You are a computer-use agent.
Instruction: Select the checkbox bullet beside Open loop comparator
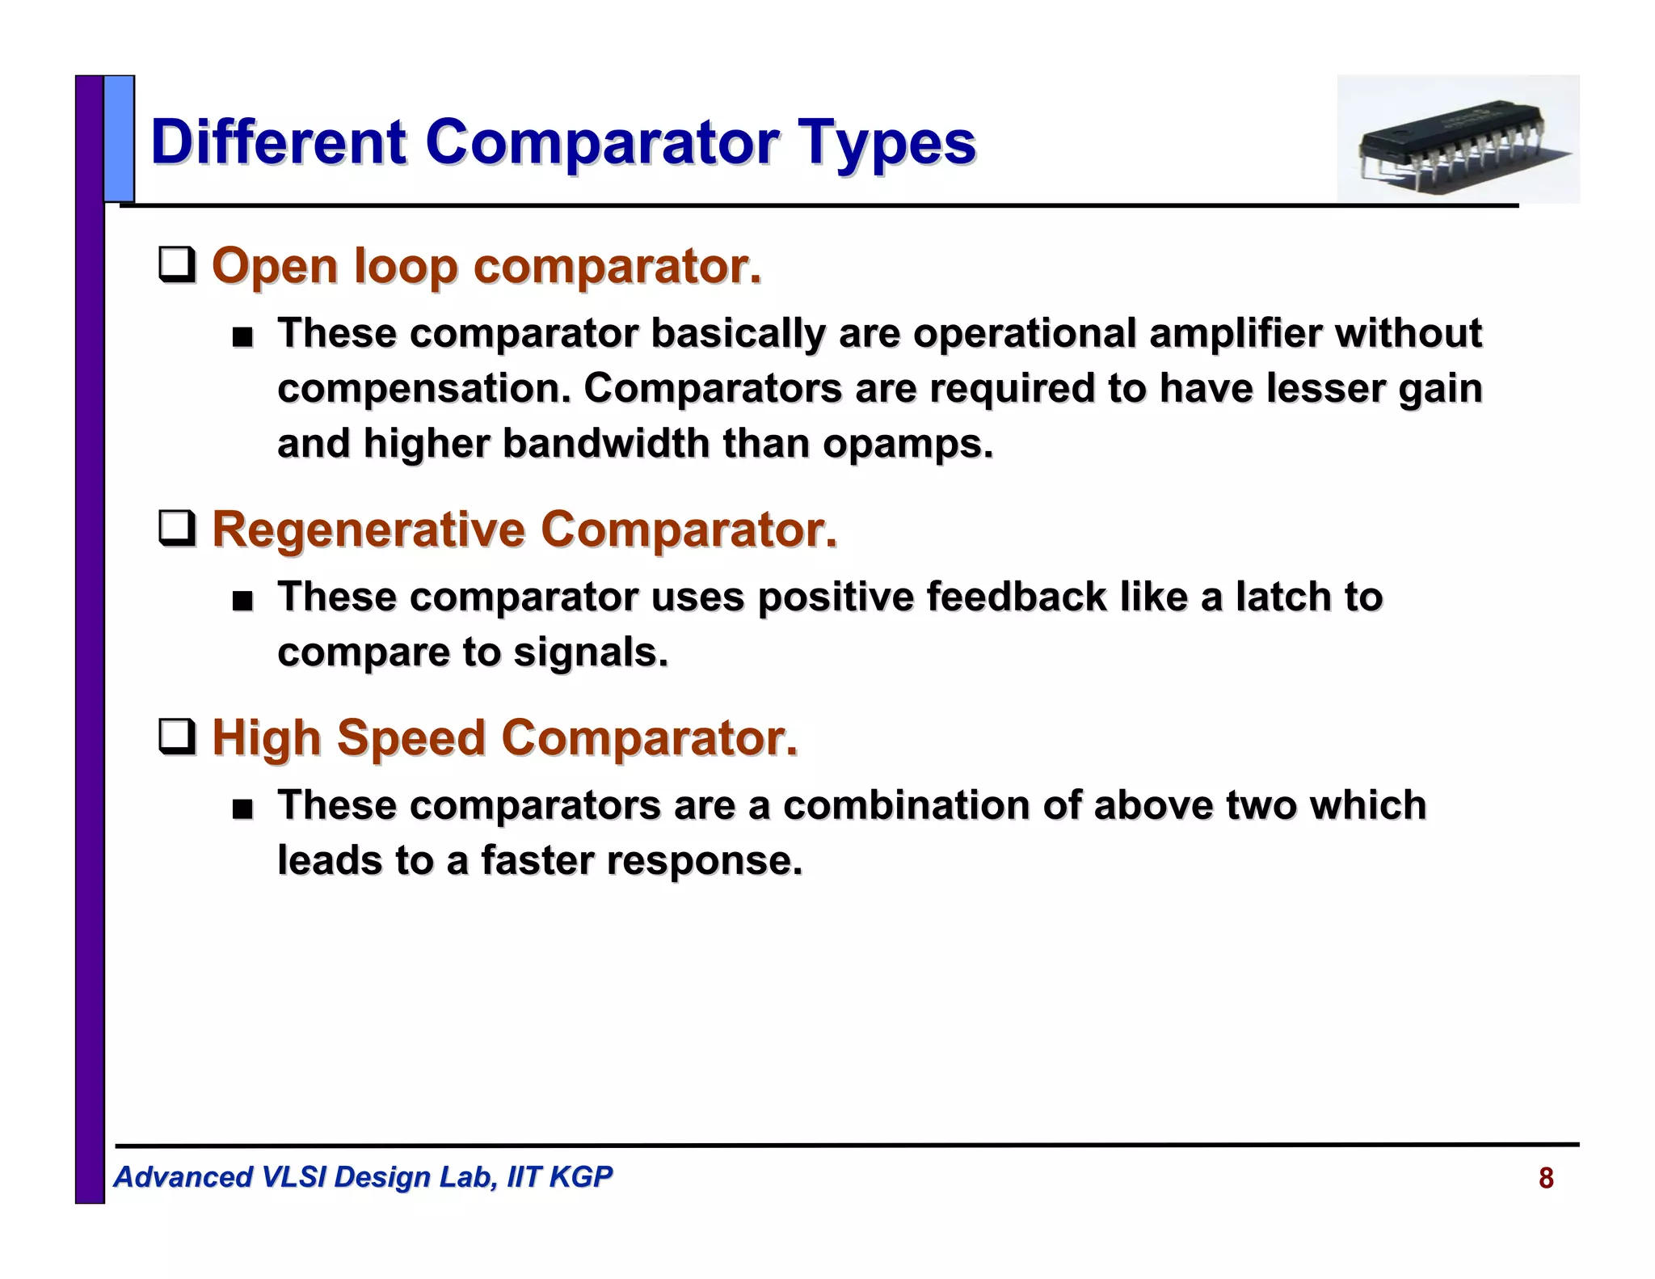176,265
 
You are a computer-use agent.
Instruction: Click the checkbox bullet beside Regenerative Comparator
176,529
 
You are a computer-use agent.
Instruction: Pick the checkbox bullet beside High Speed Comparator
176,737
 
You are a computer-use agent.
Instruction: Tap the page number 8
1545,1178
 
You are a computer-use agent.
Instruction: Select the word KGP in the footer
579,1176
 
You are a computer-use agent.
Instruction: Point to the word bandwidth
605,443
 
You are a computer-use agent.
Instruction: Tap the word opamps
908,443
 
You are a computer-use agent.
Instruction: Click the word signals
591,652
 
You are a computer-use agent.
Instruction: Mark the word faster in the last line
537,860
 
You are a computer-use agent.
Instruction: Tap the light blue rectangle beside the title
119,138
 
